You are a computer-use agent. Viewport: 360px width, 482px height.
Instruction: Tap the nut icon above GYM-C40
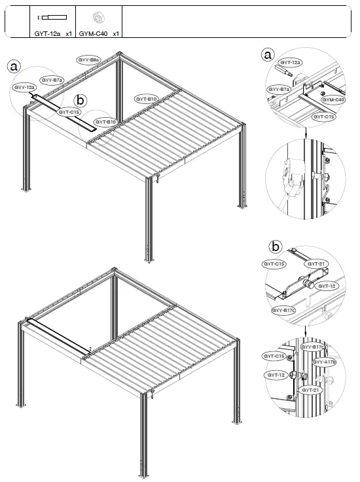99,17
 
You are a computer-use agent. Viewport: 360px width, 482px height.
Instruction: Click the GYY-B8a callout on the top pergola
88,60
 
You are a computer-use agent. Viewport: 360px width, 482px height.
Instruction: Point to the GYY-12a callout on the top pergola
25,86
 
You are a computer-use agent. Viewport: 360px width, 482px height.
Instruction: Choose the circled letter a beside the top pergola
14,65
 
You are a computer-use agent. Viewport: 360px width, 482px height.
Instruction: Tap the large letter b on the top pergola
80,101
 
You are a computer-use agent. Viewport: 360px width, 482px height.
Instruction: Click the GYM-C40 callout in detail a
333,99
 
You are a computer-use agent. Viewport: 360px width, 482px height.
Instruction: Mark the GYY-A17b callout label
323,361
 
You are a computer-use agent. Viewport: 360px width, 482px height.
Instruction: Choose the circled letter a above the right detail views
267,54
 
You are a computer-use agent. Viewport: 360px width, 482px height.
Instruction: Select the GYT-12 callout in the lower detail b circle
276,375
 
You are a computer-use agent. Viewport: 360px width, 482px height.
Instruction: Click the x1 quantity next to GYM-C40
115,32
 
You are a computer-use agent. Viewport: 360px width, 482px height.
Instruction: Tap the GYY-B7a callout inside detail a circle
279,90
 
